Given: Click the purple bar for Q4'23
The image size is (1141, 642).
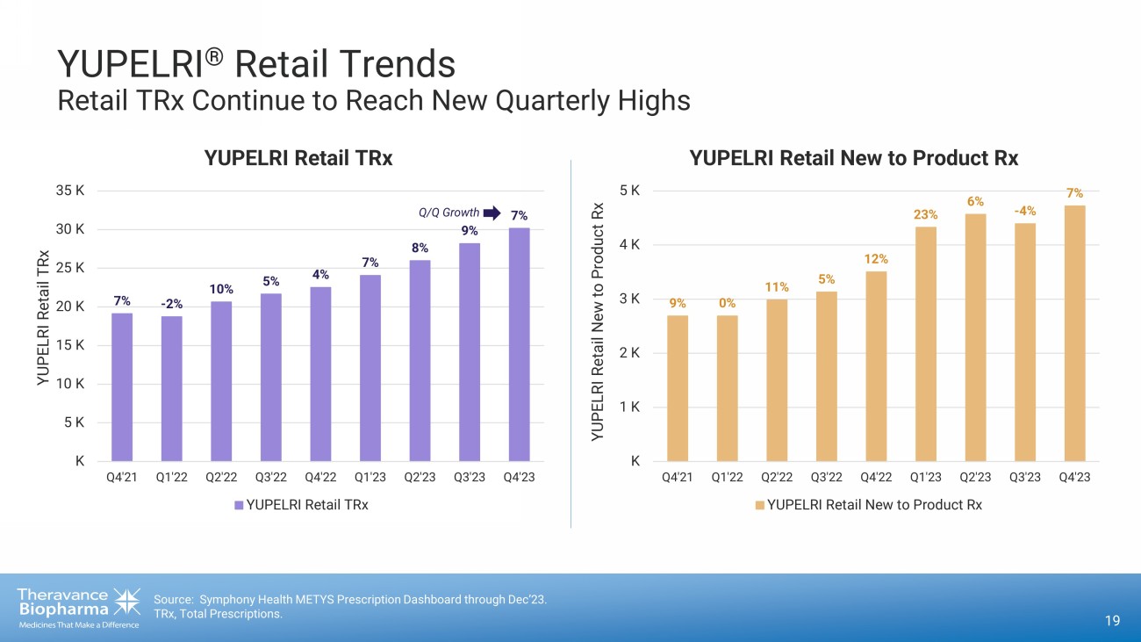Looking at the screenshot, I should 519,344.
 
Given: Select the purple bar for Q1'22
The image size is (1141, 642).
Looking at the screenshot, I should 171,388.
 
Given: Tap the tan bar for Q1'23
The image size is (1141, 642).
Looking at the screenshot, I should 926,344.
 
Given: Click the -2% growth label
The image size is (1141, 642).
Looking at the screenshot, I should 171,305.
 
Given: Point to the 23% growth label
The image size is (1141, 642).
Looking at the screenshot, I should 926,214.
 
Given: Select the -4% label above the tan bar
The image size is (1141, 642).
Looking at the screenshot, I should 1025,211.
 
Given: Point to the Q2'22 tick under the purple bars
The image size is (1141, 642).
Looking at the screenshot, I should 221,477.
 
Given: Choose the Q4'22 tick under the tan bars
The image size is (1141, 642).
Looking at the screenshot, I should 876,477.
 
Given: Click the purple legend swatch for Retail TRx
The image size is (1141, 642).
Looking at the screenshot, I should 239,505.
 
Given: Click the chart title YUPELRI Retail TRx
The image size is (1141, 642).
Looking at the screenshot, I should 298,159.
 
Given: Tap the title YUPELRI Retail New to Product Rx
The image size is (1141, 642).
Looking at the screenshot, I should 853,159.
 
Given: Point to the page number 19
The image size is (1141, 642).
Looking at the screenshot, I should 1112,622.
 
